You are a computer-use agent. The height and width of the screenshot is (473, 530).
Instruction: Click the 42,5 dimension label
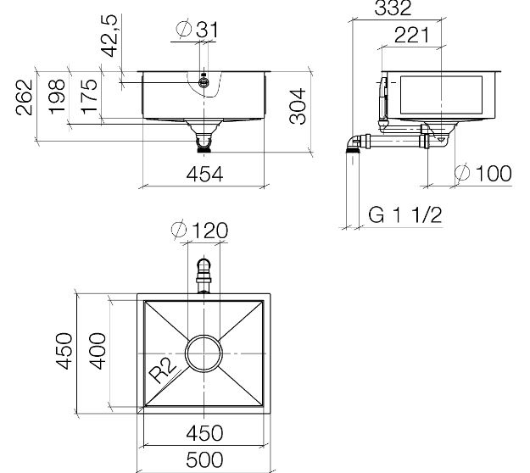[109, 36]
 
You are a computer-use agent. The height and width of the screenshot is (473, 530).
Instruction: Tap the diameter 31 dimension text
[198, 30]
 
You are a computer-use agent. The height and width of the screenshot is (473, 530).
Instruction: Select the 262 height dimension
[25, 97]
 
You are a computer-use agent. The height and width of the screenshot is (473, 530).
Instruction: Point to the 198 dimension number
[57, 97]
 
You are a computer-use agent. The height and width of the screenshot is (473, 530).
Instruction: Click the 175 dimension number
[89, 96]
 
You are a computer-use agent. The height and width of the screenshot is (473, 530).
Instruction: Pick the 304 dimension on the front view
[298, 106]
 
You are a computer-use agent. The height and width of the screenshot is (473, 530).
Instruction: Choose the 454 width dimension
[205, 175]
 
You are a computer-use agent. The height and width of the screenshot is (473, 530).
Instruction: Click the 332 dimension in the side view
[393, 8]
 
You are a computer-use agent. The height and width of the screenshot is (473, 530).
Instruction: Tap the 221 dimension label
[411, 36]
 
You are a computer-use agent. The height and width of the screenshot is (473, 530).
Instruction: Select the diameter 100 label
[483, 173]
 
